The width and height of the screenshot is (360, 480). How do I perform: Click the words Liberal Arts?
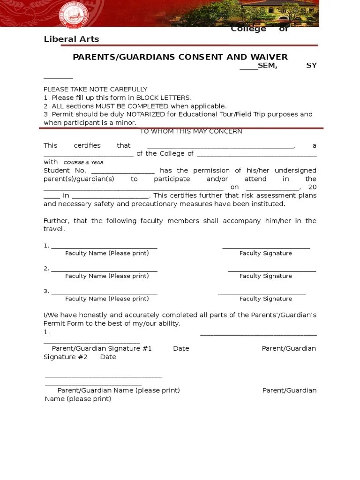click(71, 39)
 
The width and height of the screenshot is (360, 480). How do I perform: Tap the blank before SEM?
click(248, 66)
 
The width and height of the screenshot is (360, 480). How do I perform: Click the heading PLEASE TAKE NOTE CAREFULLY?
click(96, 89)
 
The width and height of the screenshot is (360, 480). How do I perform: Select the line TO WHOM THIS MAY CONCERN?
click(191, 131)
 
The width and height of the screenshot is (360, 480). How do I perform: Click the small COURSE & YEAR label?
click(83, 163)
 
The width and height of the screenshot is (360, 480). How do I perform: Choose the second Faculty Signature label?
click(265, 276)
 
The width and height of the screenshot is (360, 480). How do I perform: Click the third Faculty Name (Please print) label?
click(107, 299)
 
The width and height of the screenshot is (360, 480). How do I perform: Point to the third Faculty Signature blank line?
click(262, 293)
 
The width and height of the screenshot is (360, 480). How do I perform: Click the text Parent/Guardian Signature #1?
click(102, 349)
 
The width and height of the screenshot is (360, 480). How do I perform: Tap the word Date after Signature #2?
click(108, 357)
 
